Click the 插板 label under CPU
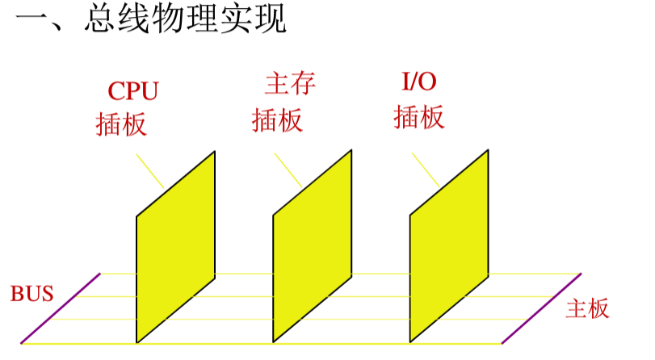[121, 123]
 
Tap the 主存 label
[289, 83]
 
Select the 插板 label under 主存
[277, 120]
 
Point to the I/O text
[419, 82]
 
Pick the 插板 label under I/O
[419, 118]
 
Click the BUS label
[32, 294]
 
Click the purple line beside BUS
[61, 308]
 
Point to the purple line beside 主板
[541, 308]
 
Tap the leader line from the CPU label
[150, 171]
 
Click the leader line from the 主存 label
[288, 170]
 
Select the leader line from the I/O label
[426, 170]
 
